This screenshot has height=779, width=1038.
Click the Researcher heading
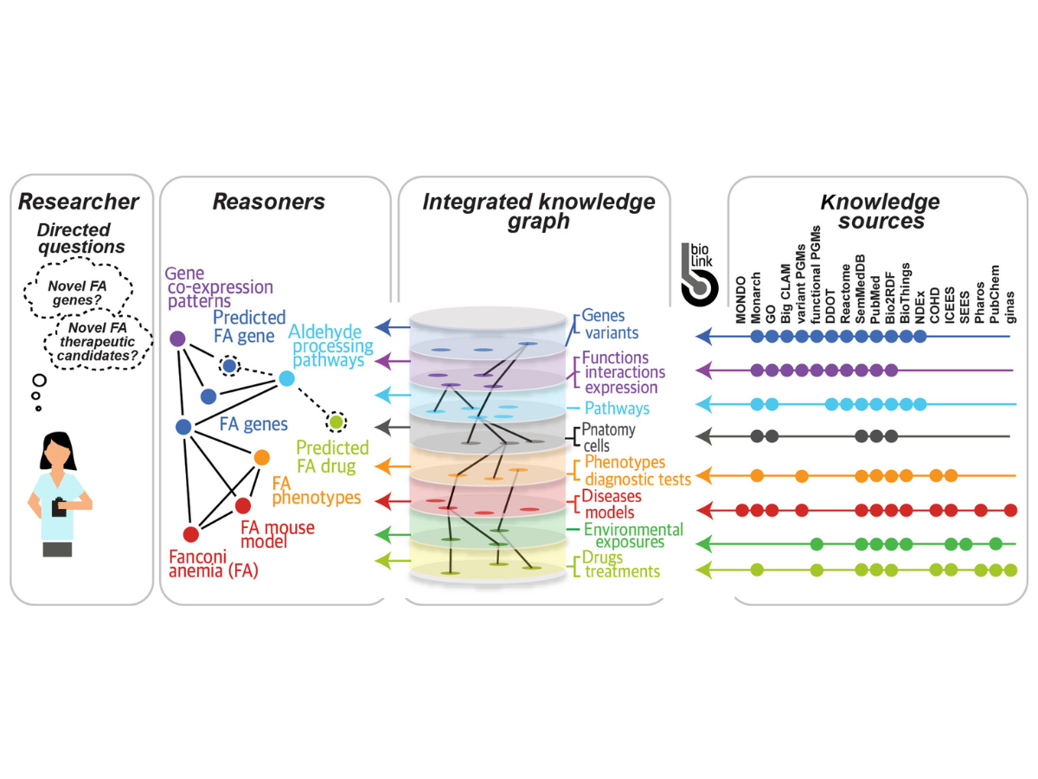(79, 202)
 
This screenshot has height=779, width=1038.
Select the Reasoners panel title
(269, 202)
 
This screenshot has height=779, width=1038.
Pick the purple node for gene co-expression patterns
(177, 338)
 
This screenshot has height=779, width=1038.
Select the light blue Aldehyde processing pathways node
(286, 378)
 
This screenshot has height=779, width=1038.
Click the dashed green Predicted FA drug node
(336, 422)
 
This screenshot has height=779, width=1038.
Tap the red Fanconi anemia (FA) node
(190, 534)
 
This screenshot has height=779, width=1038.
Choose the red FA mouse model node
(243, 505)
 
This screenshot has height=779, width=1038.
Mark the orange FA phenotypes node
(261, 456)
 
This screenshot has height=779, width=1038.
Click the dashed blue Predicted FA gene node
(229, 366)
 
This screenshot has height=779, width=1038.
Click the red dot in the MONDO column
(741, 510)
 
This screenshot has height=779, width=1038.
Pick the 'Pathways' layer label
(616, 408)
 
